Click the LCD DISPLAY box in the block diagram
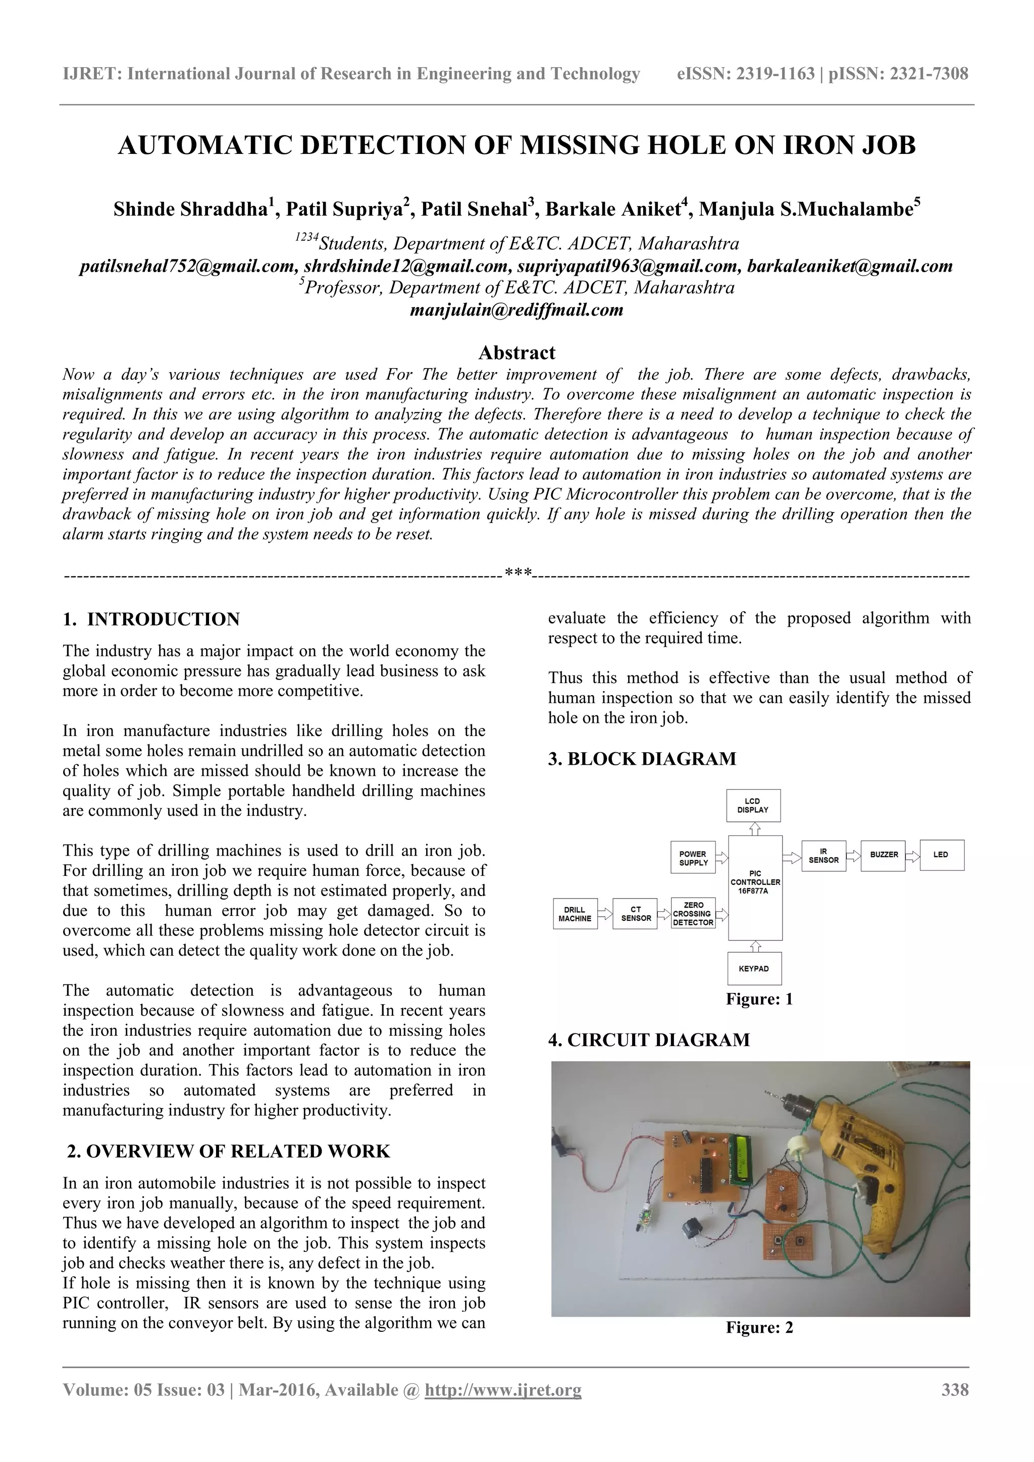point(753,806)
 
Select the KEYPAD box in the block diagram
point(754,968)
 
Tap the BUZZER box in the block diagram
point(883,855)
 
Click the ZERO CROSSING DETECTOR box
point(693,913)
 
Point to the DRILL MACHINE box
point(575,914)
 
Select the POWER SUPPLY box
point(693,858)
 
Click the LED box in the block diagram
point(942,855)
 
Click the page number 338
point(954,1389)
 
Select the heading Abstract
point(516,352)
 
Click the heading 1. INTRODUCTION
point(151,619)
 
